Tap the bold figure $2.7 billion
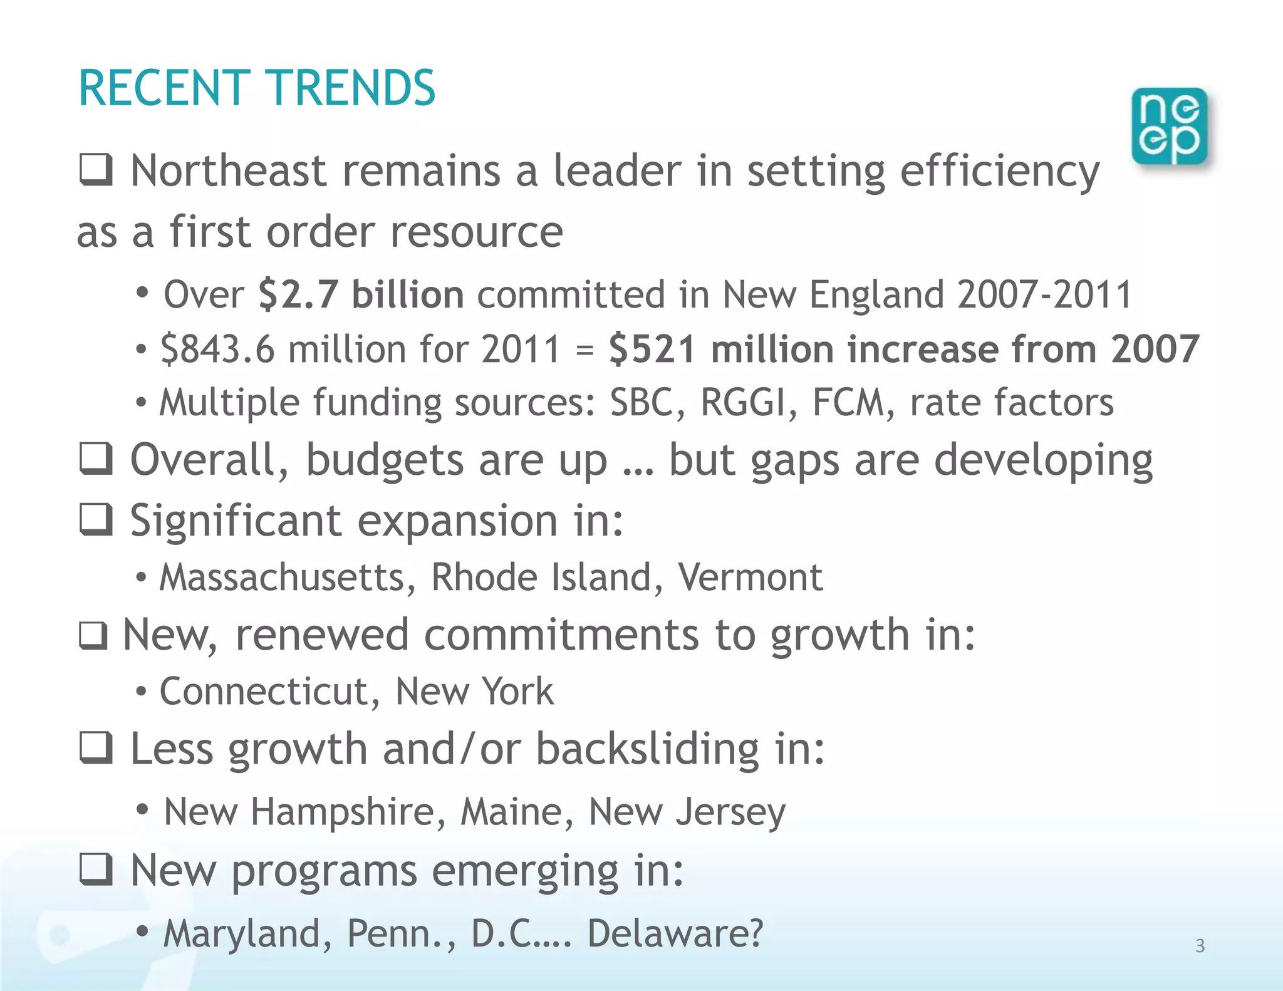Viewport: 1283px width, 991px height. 361,294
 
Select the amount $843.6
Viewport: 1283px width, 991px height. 217,349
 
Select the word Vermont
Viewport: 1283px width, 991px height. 750,577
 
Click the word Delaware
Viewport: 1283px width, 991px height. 675,933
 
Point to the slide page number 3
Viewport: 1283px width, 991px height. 1200,946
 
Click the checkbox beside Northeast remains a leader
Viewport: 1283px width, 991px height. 96,170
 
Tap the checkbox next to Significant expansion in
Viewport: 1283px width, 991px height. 96,519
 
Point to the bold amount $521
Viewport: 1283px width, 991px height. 652,349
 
